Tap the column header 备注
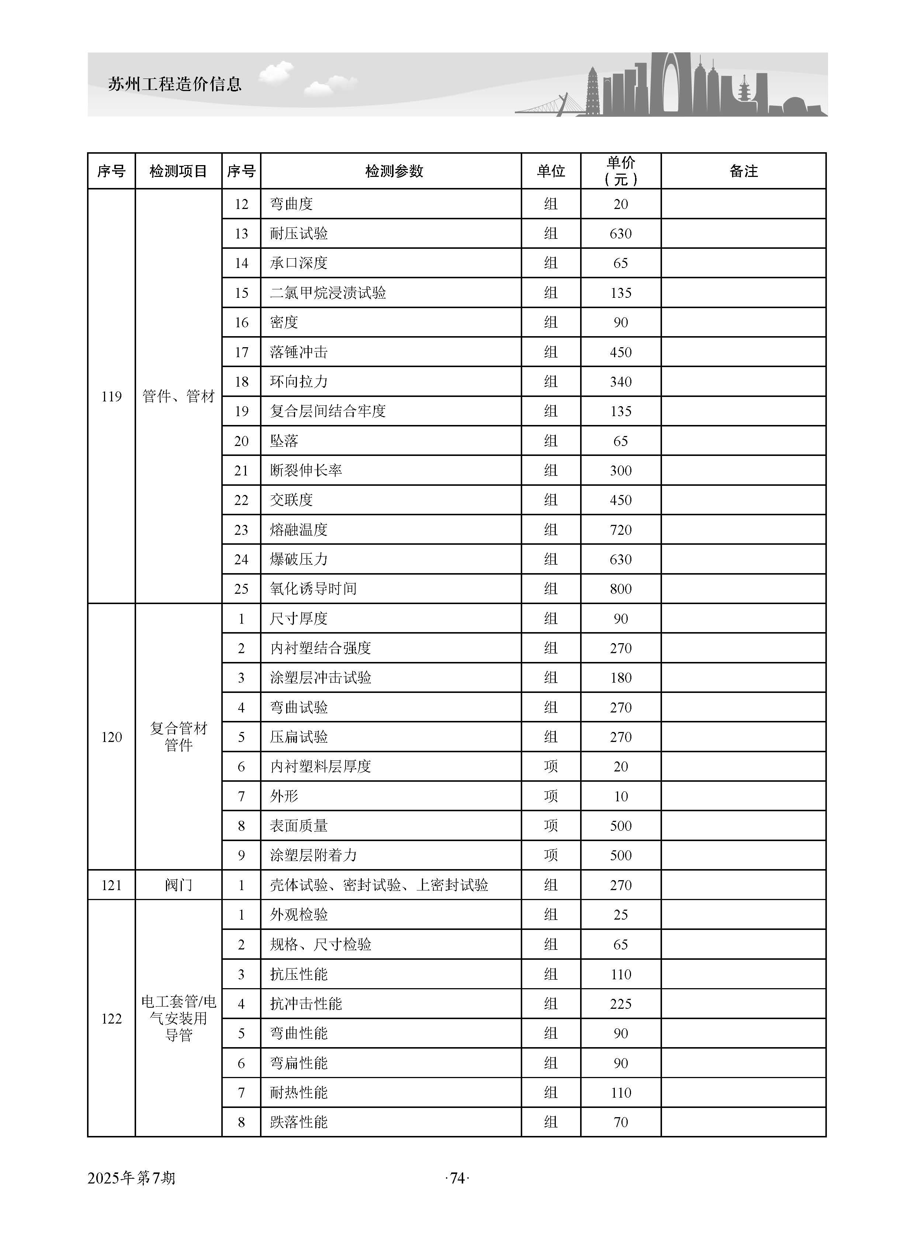point(743,171)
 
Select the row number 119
point(111,396)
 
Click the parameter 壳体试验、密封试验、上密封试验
point(379,885)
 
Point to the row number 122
point(111,1018)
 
